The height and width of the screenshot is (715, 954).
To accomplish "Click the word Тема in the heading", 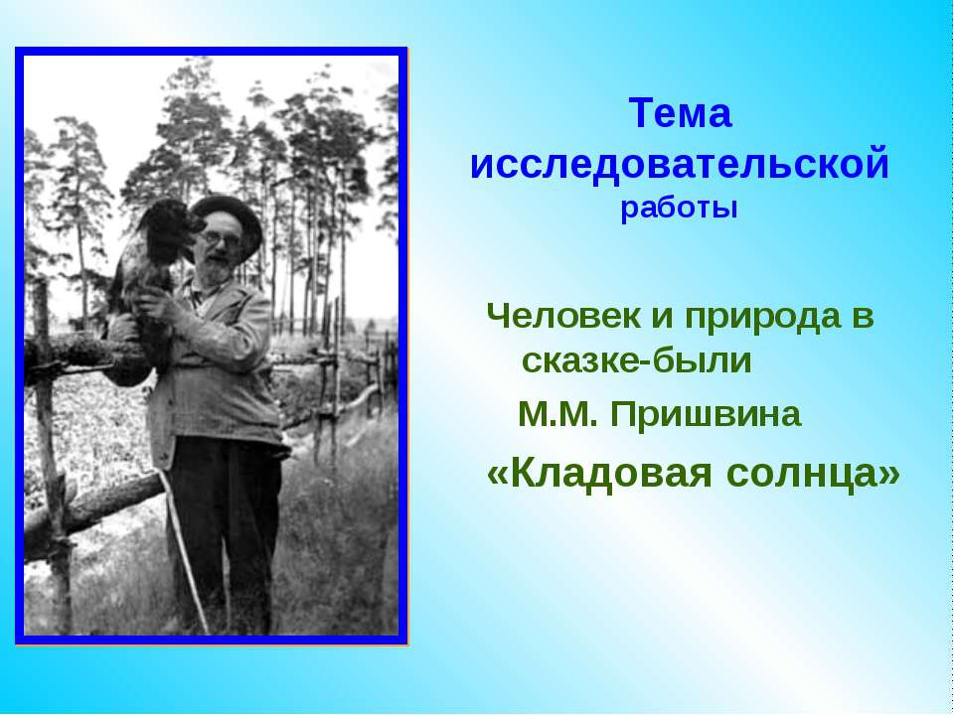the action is (x=680, y=113).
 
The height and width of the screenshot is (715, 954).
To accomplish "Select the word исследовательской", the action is (x=680, y=164).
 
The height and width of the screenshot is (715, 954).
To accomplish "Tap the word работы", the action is (x=679, y=209).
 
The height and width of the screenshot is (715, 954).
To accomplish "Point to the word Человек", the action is (x=563, y=317).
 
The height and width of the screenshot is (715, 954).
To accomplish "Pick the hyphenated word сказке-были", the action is (x=636, y=359).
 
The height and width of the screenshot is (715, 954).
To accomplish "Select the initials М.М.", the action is (x=557, y=415).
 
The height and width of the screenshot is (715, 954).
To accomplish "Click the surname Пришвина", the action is (x=706, y=416).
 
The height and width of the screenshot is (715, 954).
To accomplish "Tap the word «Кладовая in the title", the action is (x=599, y=473).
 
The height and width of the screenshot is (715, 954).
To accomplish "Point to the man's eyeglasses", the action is (x=221, y=239).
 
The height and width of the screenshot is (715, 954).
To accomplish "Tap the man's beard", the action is (x=215, y=270).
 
